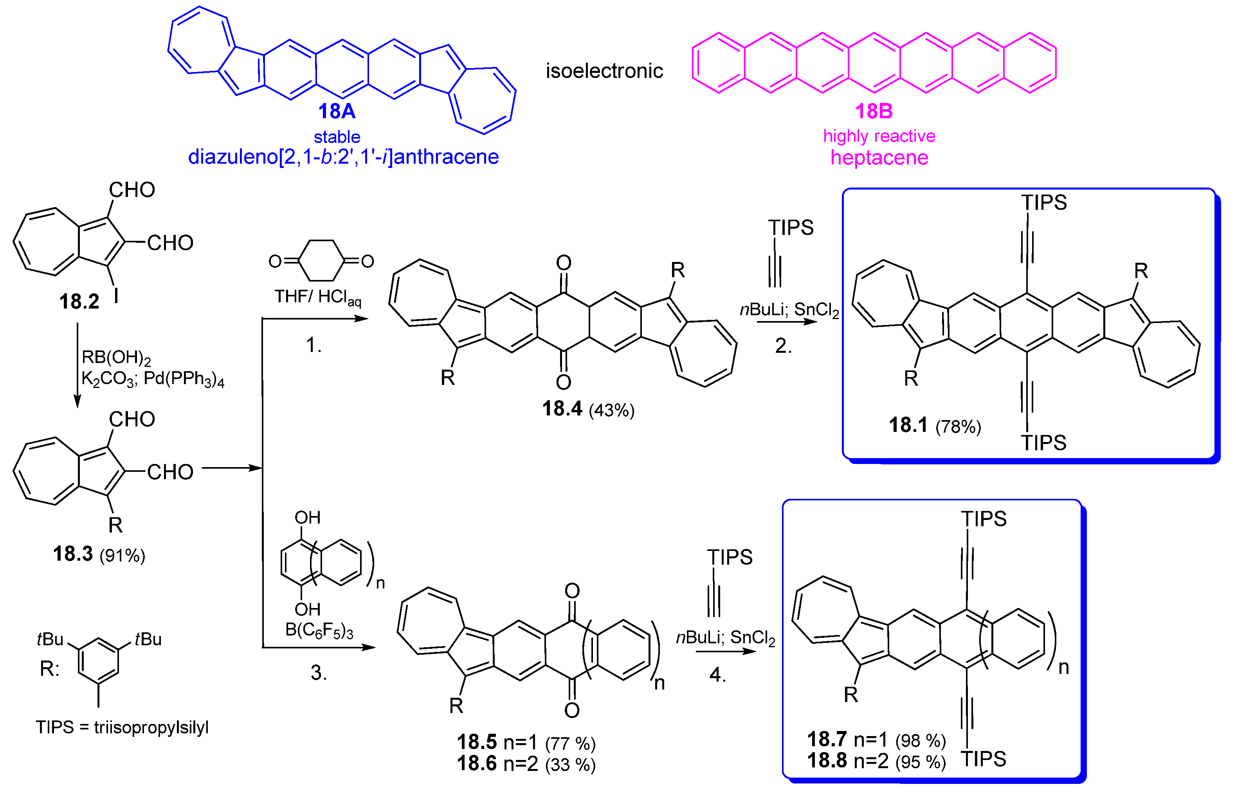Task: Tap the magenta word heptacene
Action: click(879, 157)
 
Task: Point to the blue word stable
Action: click(337, 137)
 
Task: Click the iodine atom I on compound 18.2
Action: click(116, 296)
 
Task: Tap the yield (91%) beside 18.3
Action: click(122, 556)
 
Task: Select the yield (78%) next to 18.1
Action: click(958, 427)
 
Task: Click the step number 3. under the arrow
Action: click(318, 672)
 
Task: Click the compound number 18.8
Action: click(827, 760)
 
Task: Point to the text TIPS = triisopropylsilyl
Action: click(122, 727)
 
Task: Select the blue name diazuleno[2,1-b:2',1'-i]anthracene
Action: click(343, 157)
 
